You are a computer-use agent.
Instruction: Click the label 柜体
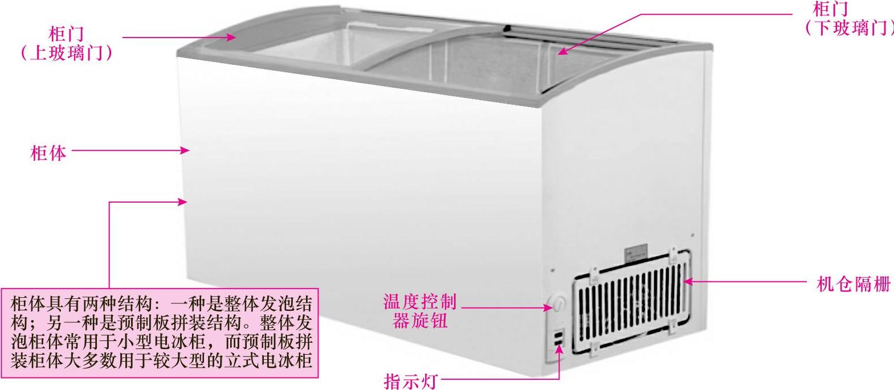tap(48, 153)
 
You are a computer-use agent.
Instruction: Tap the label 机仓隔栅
tap(853, 284)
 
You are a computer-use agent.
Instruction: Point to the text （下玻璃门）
tap(847, 28)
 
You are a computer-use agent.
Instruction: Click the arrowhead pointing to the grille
tap(688, 281)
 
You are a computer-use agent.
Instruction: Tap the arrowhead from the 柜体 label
tap(185, 151)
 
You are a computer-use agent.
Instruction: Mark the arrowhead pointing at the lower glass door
tap(562, 52)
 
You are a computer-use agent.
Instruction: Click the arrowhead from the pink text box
tap(183, 202)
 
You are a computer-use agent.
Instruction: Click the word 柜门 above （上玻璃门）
tap(66, 34)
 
